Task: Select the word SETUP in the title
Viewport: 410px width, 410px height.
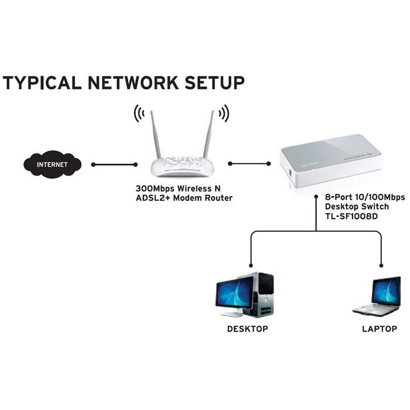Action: click(213, 83)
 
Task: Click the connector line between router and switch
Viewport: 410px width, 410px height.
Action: click(250, 163)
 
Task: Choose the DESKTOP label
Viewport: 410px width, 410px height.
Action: click(247, 329)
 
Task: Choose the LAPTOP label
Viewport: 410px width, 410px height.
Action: click(380, 329)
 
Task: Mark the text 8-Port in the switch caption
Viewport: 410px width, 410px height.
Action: click(329, 197)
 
